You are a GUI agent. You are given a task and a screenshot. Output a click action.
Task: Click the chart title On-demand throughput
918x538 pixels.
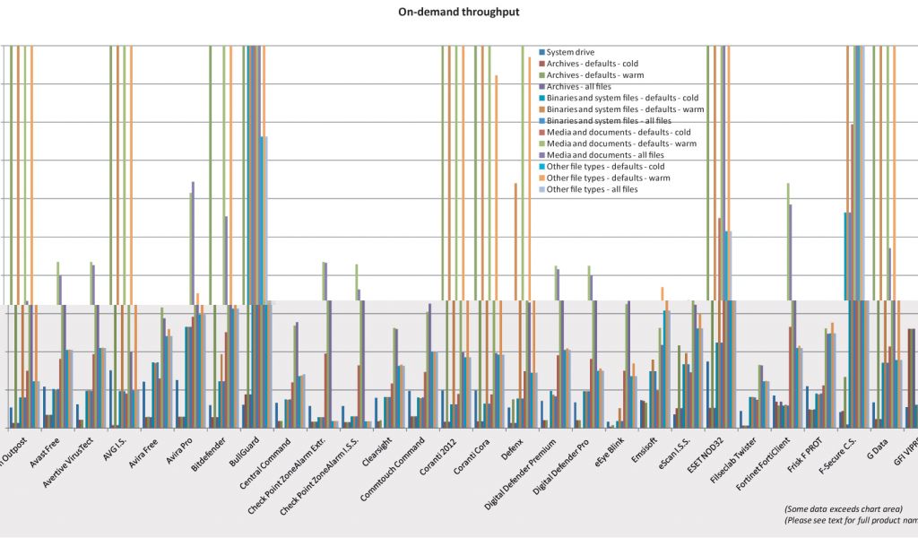point(459,13)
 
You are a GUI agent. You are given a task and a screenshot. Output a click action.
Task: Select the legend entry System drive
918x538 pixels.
point(570,53)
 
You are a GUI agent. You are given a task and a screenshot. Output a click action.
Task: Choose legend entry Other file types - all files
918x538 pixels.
point(592,189)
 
